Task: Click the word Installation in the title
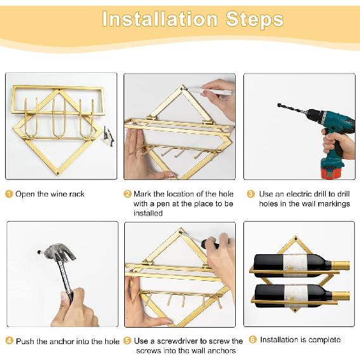(160, 19)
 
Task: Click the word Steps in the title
(255, 19)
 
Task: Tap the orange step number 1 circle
(8, 194)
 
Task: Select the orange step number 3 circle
(251, 194)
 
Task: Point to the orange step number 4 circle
(9, 341)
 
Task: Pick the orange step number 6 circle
(252, 340)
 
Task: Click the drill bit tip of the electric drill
(279, 105)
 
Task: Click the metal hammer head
(59, 253)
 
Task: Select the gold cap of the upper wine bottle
(341, 265)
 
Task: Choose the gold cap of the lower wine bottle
(341, 296)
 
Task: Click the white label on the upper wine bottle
(295, 265)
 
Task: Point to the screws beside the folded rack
(108, 136)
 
